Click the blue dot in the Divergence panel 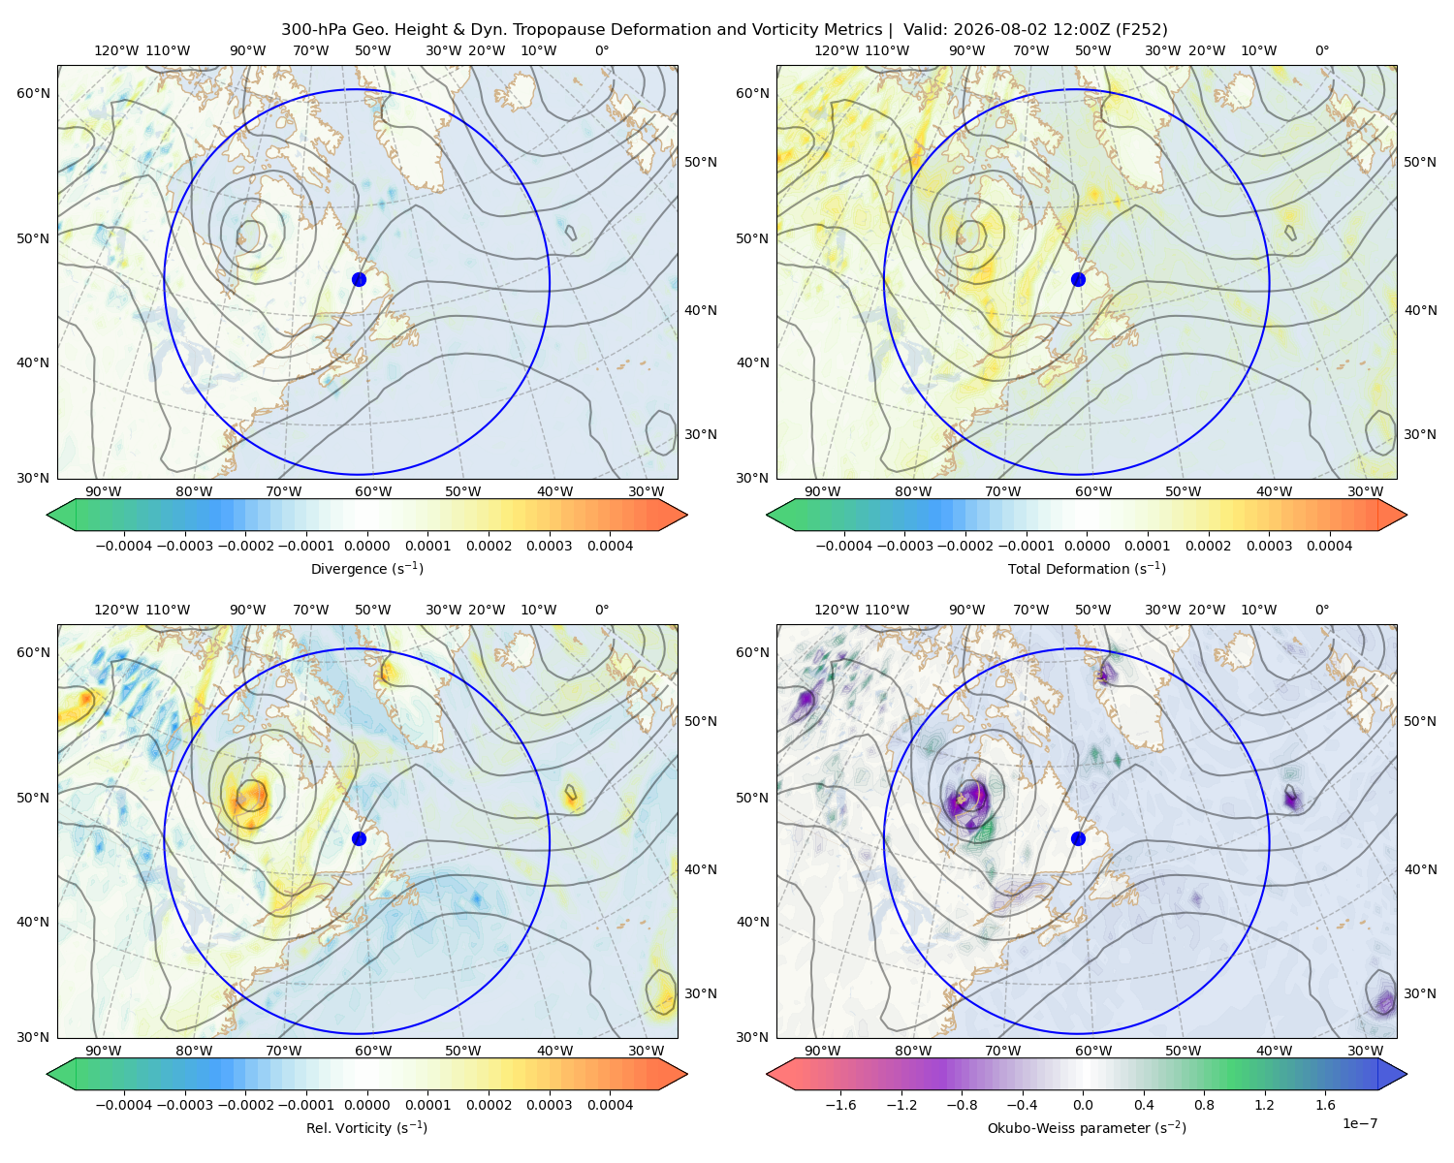(x=359, y=279)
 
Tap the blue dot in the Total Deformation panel (x=1078, y=279)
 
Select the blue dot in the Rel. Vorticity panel (x=359, y=838)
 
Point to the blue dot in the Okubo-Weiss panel (x=1078, y=838)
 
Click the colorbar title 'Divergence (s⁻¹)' (x=366, y=569)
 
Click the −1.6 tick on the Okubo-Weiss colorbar (x=840, y=1105)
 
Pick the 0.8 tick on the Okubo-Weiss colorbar (x=1204, y=1105)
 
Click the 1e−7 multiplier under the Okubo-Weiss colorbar (x=1359, y=1123)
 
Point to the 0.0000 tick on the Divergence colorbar (x=366, y=546)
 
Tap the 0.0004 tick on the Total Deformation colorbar (x=1329, y=546)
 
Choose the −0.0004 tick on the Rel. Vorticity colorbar (x=124, y=1105)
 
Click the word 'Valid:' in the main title (x=925, y=30)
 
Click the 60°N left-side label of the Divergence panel (x=33, y=93)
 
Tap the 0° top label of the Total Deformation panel (x=1322, y=50)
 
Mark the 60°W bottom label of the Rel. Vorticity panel (x=373, y=1051)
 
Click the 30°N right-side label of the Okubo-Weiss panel (x=1420, y=993)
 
